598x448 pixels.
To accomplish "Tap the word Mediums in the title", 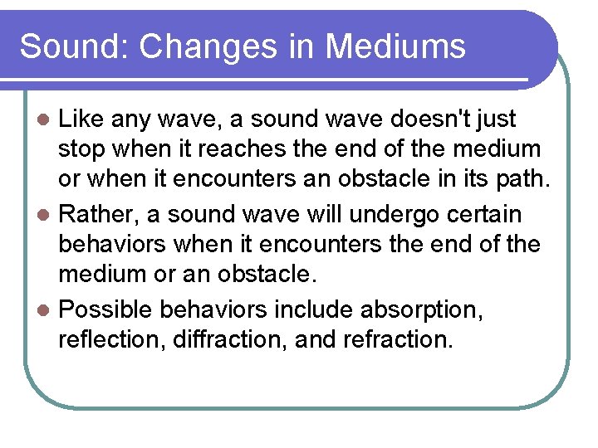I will click(395, 46).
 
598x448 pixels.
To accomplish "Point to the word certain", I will click(486, 214).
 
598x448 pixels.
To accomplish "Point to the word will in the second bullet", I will click(323, 214).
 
